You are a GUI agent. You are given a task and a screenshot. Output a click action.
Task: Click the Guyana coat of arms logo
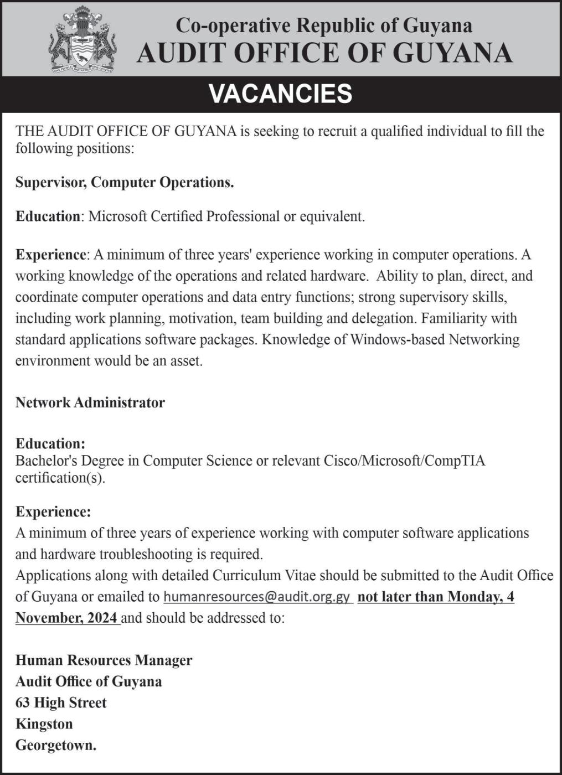tap(83, 40)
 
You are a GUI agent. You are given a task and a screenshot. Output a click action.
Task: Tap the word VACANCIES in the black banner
tap(281, 94)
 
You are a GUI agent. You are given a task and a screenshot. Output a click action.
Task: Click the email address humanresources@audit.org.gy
tap(257, 597)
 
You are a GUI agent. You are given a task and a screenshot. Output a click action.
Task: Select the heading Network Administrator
tap(90, 402)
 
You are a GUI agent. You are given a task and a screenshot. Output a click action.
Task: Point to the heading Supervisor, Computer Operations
tap(125, 182)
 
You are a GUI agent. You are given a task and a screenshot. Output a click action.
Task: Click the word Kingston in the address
tap(44, 724)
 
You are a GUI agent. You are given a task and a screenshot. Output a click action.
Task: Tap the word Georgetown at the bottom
tap(56, 745)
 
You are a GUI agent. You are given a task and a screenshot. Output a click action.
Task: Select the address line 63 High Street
tap(61, 702)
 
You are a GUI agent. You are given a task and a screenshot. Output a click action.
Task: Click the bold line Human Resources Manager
tap(104, 660)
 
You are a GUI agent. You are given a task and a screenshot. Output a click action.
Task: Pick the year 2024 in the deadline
tap(102, 618)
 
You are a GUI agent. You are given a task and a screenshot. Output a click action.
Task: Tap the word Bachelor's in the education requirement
tap(44, 461)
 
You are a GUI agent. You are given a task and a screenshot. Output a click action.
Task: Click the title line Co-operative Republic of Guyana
tap(324, 25)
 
